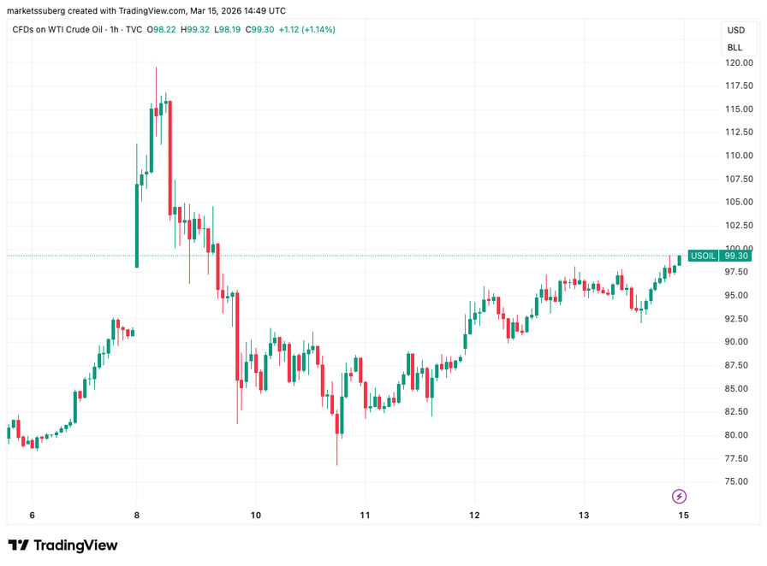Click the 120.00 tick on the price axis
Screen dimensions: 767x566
tap(739, 62)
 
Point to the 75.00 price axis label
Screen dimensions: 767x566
tap(739, 481)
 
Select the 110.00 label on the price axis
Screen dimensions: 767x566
tap(739, 156)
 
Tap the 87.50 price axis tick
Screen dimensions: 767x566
tap(739, 365)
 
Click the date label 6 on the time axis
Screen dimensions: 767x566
tap(33, 516)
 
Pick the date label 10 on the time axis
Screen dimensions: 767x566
tap(256, 516)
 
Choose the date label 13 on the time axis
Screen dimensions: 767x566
tap(584, 516)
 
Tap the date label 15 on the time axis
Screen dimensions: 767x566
tap(683, 516)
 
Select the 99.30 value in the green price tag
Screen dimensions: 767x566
tap(736, 256)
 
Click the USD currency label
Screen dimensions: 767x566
tap(735, 30)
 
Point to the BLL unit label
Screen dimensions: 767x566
tap(734, 47)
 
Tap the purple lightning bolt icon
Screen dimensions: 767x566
tap(679, 497)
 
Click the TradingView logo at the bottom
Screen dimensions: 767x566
tap(63, 545)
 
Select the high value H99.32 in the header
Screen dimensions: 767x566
tap(194, 30)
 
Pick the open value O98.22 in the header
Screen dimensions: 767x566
tap(162, 30)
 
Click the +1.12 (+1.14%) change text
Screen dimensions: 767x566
tap(306, 30)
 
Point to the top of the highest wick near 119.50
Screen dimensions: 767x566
tap(156, 68)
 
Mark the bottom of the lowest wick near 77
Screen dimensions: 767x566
tap(337, 465)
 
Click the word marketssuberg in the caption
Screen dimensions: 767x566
tap(36, 11)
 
